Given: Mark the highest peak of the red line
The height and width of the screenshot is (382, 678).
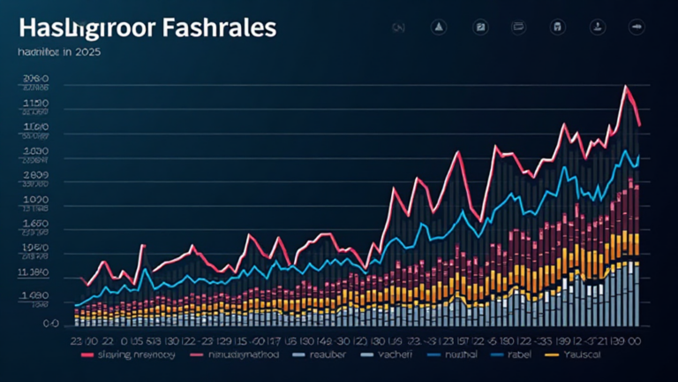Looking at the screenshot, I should click(625, 86).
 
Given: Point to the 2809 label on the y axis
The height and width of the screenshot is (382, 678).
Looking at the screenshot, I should click(35, 176).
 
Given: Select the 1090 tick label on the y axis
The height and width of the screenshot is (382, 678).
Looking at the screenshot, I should click(35, 200).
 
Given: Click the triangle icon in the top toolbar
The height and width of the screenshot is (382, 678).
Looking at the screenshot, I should click(437, 27).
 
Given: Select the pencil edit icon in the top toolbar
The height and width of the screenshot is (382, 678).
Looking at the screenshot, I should click(480, 27).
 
